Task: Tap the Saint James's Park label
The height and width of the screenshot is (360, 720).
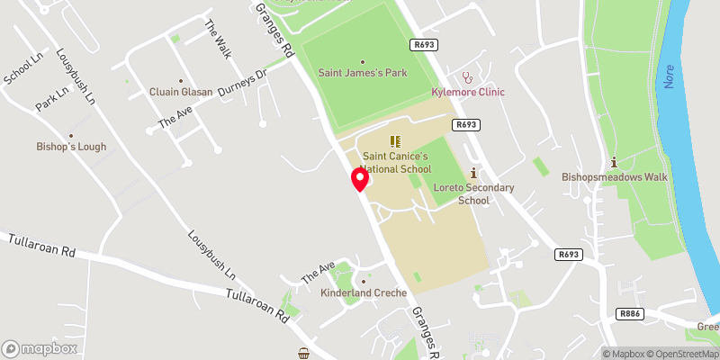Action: pyautogui.click(x=363, y=73)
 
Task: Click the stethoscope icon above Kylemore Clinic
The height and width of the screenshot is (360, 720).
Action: pyautogui.click(x=466, y=77)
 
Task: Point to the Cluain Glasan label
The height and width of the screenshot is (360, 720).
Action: pyautogui.click(x=181, y=92)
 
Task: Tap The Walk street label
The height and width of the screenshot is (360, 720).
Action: pyautogui.click(x=219, y=39)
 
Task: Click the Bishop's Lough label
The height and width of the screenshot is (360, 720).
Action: pyautogui.click(x=72, y=147)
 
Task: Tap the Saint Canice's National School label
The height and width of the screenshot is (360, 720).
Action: pyautogui.click(x=397, y=163)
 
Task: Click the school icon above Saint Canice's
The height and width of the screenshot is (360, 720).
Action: pyautogui.click(x=393, y=141)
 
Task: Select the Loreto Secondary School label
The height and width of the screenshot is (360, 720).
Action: pyautogui.click(x=473, y=193)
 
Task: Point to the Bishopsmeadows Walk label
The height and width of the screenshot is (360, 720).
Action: pyautogui.click(x=615, y=176)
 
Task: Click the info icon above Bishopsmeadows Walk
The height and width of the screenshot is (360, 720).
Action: pyautogui.click(x=614, y=162)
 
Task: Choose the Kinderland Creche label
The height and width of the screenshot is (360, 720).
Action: pyautogui.click(x=364, y=292)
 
